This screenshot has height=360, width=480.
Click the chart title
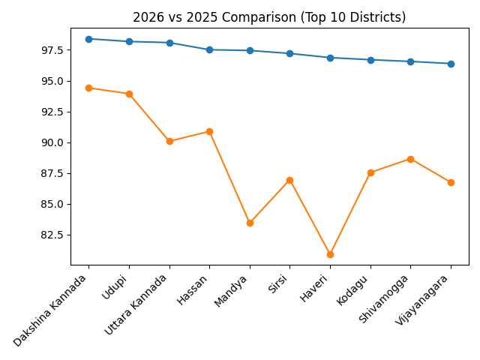269,17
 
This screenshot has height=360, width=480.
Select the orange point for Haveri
330,254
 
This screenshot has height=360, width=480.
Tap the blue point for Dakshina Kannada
88,39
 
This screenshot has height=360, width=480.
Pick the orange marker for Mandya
250,223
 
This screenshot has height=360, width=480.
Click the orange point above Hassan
209,131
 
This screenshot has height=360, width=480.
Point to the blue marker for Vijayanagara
451,64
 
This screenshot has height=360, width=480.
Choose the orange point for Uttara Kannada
169,141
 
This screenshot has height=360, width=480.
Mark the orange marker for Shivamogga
410,159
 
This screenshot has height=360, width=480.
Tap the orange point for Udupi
129,94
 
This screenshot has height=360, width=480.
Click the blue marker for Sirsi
289,53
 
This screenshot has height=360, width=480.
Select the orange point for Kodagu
370,172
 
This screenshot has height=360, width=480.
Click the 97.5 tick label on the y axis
51,50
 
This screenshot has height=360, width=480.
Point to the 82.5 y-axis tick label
51,235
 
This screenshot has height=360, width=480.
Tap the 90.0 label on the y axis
51,142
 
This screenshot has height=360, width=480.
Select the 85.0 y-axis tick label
51,204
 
